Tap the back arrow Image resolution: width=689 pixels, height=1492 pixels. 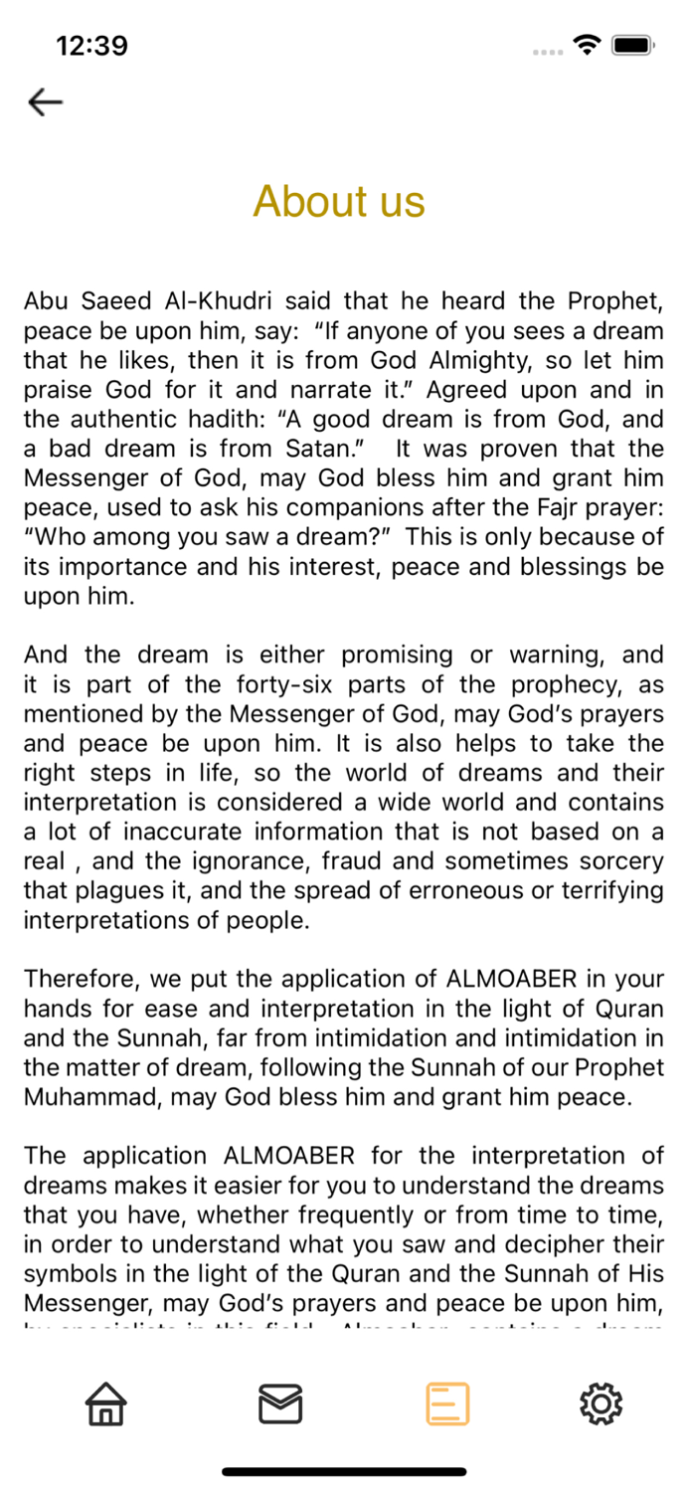click(46, 101)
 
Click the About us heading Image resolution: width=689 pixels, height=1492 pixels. click(339, 202)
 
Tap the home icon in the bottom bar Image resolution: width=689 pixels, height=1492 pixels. click(104, 1403)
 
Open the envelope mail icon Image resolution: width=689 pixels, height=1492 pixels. click(280, 1403)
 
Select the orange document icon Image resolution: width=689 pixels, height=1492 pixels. click(447, 1403)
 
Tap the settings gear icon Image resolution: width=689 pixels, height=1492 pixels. click(601, 1403)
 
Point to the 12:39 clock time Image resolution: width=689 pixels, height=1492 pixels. click(91, 46)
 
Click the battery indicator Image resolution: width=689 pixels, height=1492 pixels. click(631, 46)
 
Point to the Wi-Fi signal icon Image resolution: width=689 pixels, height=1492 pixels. click(588, 45)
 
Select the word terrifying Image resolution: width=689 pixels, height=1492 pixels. click(604, 891)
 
